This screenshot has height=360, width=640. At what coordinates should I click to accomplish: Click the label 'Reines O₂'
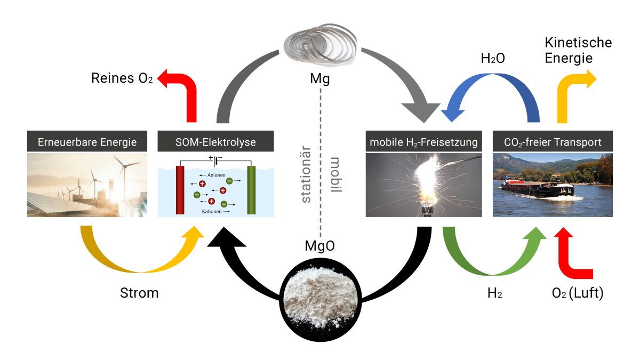[122, 79]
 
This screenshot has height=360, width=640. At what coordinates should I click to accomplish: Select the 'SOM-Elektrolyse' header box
[216, 142]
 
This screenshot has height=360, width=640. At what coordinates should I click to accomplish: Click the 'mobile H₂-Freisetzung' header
[424, 142]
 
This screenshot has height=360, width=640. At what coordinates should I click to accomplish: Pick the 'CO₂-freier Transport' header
[553, 142]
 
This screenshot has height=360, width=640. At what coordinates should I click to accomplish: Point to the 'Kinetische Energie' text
[570, 50]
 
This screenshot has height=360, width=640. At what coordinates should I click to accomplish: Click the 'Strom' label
[139, 293]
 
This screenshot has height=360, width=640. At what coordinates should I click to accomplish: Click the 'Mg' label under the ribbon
[320, 80]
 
